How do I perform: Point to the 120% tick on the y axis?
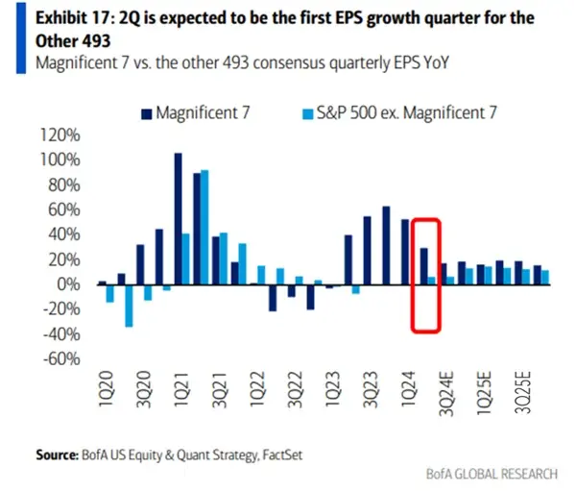pyautogui.click(x=60, y=135)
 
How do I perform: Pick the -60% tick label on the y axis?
pyautogui.click(x=60, y=359)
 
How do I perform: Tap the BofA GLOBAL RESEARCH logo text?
pyautogui.click(x=492, y=473)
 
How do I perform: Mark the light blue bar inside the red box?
pyautogui.click(x=433, y=281)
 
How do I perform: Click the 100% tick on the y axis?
pyautogui.click(x=60, y=160)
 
